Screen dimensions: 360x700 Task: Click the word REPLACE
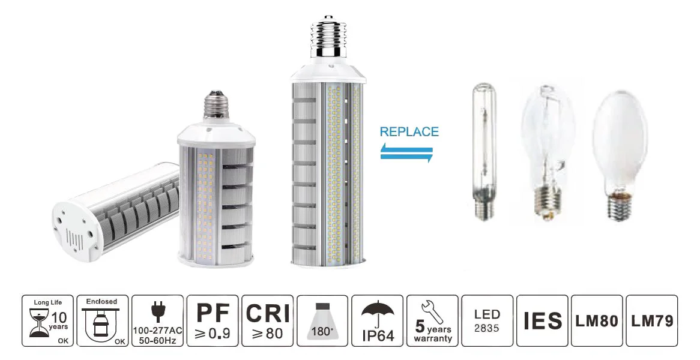(x=409, y=132)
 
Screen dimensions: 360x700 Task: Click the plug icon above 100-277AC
(x=158, y=311)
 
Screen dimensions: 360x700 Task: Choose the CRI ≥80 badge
(x=267, y=321)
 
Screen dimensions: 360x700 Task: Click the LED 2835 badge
(x=487, y=321)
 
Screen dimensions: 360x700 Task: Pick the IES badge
(x=542, y=321)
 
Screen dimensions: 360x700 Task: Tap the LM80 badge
(x=597, y=321)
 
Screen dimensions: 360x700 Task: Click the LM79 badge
(x=652, y=321)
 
